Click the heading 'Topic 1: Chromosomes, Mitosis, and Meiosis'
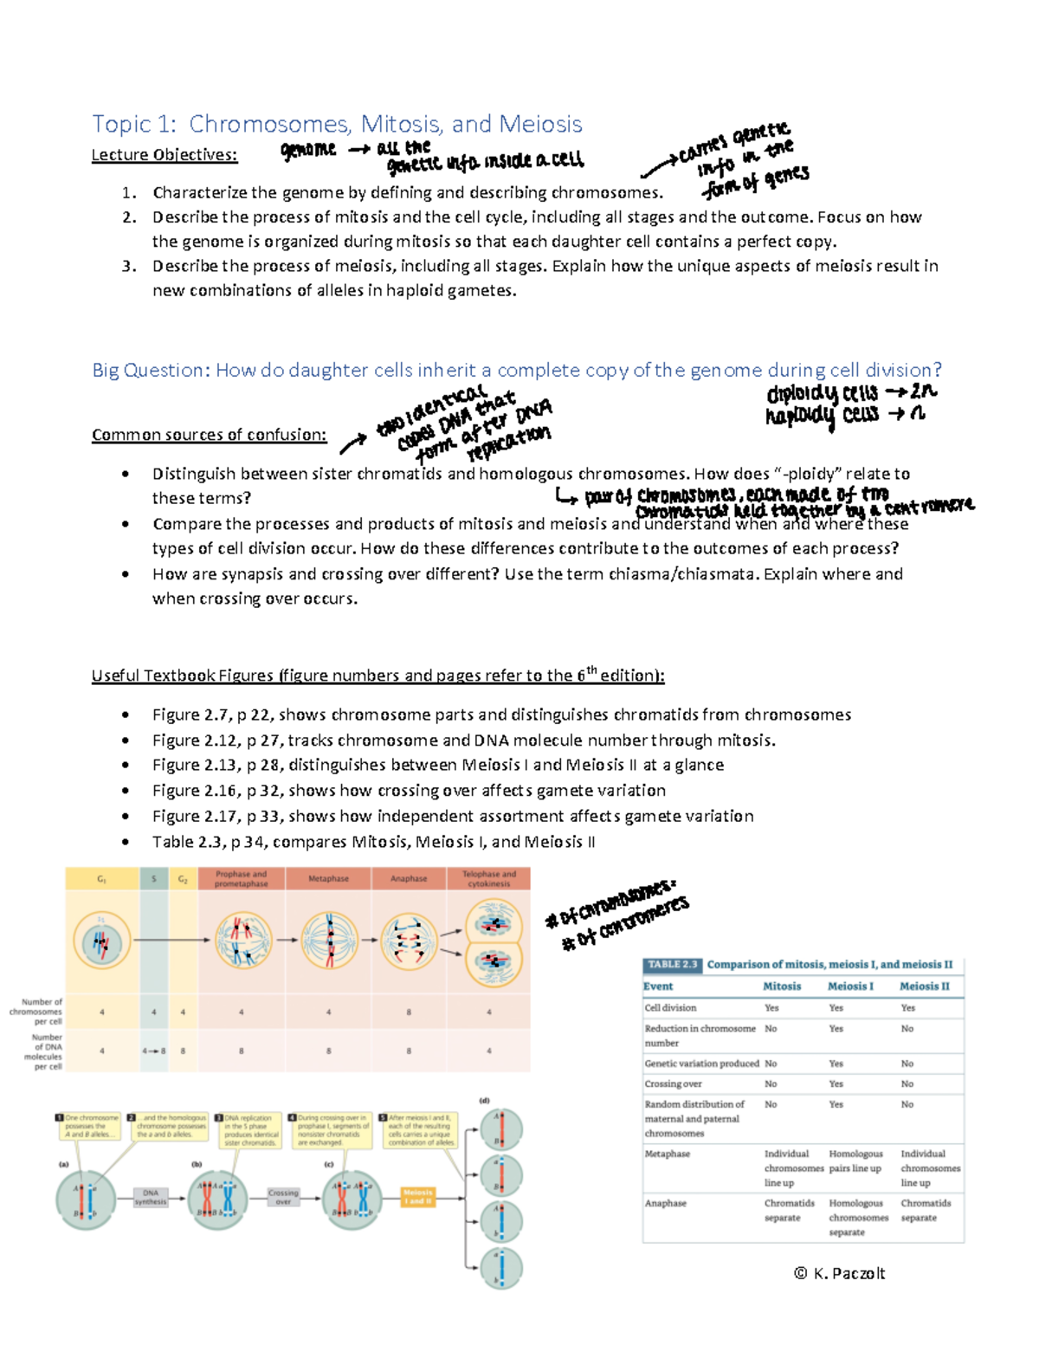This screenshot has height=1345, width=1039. pos(337,124)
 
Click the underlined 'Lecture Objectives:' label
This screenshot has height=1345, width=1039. pos(165,155)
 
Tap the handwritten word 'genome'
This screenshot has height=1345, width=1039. pos(308,150)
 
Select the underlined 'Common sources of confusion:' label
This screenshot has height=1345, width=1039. pos(209,435)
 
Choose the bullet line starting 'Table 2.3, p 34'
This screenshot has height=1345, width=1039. pos(373,842)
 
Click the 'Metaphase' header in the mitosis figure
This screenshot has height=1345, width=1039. pos(328,879)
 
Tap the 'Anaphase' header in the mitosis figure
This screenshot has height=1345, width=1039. pos(409,879)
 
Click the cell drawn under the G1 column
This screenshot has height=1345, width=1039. pos(101,941)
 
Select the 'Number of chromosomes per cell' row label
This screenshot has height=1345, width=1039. pos(36,1012)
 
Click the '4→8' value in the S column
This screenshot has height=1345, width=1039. pos(153,1051)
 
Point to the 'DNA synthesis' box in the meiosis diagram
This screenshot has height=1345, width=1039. pos(151,1197)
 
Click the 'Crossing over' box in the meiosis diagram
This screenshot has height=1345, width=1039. pos(283,1197)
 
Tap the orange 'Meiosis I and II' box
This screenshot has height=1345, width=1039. pos(417,1197)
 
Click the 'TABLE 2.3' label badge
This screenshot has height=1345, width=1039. pos(672,965)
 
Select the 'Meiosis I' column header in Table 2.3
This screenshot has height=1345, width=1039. pos(850,986)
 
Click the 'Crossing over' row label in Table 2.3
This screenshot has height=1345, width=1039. pos(673,1084)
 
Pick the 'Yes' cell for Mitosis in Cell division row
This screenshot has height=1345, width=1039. pos(771,1008)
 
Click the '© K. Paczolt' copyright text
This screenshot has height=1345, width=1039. pos(839,1273)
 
